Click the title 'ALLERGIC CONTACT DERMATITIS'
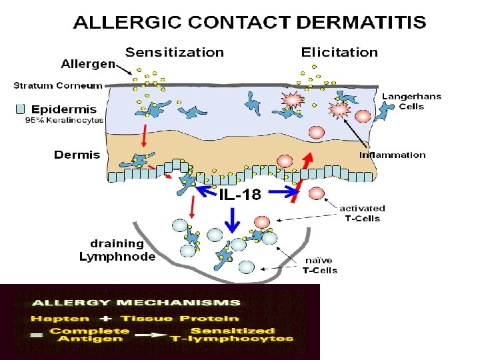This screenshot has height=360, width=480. (249, 23)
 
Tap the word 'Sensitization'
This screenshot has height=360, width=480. (175, 52)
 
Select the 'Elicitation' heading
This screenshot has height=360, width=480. (339, 52)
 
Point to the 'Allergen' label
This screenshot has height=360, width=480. (87, 65)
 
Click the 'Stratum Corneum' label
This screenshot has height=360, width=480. (59, 85)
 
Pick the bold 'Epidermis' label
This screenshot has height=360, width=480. (64, 109)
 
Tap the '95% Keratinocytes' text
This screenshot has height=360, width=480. (64, 121)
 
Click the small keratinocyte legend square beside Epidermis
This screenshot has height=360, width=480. (20, 108)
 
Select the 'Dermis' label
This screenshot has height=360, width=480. (77, 155)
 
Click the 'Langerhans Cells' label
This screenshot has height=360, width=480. (411, 101)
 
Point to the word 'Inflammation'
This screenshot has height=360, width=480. (392, 155)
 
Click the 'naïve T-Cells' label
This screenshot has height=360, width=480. (320, 265)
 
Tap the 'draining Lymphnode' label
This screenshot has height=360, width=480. (117, 250)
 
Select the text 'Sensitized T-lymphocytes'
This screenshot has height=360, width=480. (231, 335)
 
